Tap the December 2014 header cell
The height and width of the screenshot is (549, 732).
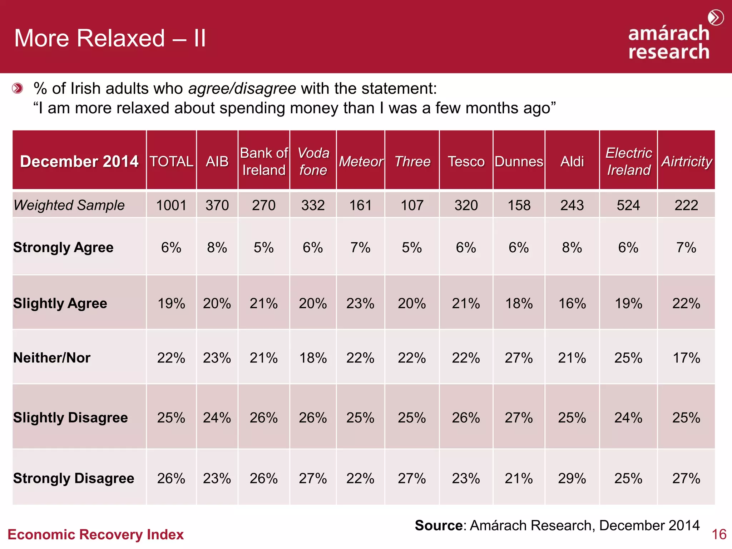tap(79, 161)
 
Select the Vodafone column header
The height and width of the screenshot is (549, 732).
tap(313, 161)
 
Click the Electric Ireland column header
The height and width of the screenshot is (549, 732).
tap(628, 161)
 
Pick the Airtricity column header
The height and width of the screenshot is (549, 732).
tap(686, 161)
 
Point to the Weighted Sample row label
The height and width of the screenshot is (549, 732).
tap(69, 205)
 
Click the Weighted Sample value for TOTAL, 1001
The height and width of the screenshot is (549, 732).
tap(171, 205)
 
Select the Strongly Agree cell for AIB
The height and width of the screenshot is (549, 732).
tap(217, 247)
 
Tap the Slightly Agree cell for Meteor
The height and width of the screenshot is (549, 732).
tap(360, 303)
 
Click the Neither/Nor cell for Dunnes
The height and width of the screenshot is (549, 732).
tap(519, 358)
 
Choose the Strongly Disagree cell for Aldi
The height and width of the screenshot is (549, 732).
tap(572, 478)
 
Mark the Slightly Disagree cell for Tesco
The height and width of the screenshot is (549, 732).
tap(466, 417)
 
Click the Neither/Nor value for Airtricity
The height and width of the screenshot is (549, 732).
tap(686, 358)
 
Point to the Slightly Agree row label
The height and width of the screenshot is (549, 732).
tap(60, 303)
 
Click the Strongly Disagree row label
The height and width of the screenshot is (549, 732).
tap(74, 478)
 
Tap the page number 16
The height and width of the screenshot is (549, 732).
tap(719, 534)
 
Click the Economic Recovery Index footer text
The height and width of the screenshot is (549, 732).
tap(95, 534)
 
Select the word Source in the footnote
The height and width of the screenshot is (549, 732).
tap(439, 525)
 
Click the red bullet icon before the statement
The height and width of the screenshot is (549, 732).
tap(17, 88)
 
